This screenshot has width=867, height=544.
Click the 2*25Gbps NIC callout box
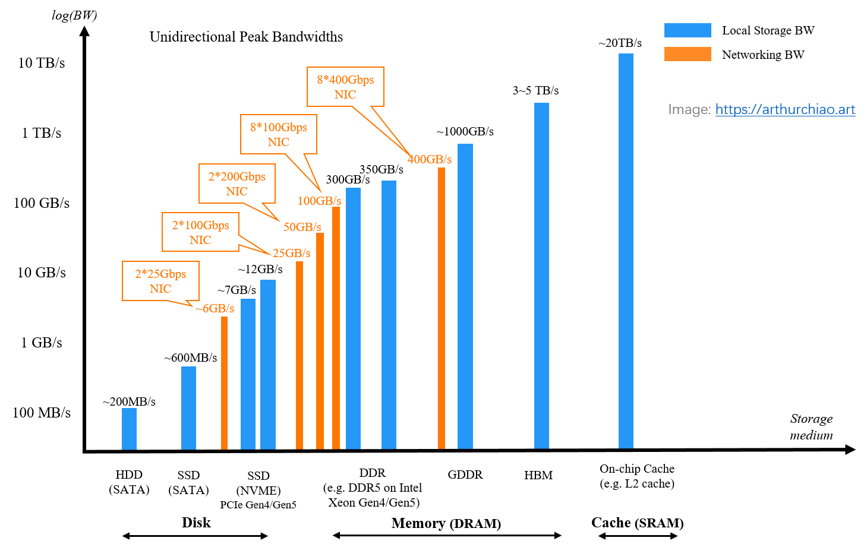[160, 281]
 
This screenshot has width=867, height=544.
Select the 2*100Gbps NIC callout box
[200, 232]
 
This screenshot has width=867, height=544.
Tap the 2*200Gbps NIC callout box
[237, 184]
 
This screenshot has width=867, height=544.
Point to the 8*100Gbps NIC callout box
[278, 134]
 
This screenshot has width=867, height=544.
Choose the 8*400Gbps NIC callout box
[345, 87]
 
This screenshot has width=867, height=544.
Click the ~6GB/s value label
[215, 308]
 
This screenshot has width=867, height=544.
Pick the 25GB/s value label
[291, 253]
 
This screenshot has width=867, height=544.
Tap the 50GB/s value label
[302, 227]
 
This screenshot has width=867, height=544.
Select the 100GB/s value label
[319, 201]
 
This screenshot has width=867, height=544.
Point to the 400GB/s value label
[429, 159]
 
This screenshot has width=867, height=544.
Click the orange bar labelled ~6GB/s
[224, 382]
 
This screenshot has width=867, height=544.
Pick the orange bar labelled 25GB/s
[299, 355]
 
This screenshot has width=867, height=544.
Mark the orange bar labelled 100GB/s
[336, 327]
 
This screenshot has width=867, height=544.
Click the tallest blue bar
[626, 251]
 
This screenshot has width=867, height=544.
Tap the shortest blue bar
[129, 428]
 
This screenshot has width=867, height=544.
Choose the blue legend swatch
[688, 30]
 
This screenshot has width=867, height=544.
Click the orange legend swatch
[688, 54]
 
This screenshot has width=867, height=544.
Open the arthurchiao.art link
[785, 109]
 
